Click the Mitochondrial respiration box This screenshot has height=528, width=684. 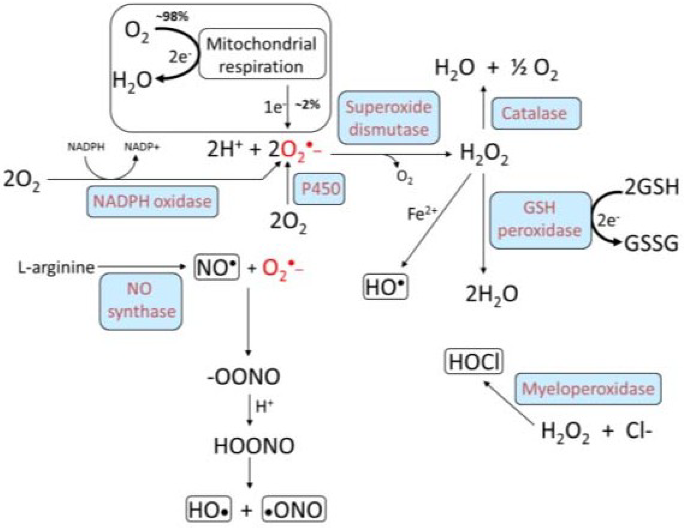pos(262,54)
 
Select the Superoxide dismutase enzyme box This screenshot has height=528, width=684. pos(389,118)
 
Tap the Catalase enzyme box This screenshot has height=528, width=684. pos(536,113)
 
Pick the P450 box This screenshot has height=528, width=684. pos(319,189)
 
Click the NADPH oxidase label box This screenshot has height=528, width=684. pos(152,202)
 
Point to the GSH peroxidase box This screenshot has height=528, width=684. pos(540,220)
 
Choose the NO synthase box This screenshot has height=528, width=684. pos(141,301)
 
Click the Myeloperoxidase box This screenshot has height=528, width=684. pos(588,389)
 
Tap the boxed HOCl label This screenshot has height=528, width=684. pos(474,362)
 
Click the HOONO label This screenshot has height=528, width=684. pos(254,446)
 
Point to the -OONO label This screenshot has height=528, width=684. pos(244,377)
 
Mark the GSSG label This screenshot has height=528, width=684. pos(651,244)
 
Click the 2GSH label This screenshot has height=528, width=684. pos(652,187)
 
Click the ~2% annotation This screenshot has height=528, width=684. pos(308,104)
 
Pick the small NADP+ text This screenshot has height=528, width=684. pos(142,147)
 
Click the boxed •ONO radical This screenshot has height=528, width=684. pos(294,510)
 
